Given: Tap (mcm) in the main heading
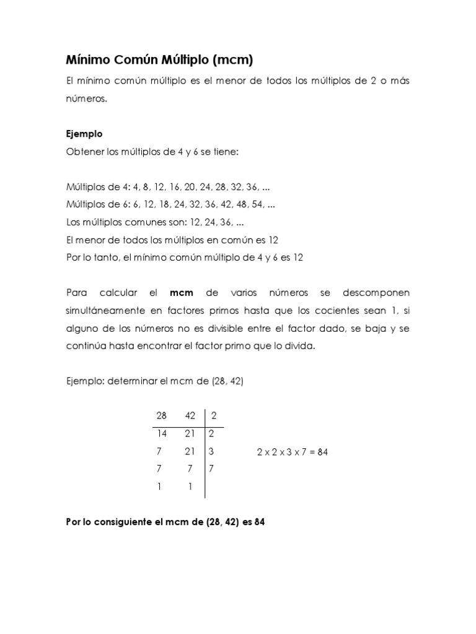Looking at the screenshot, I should point(232,60).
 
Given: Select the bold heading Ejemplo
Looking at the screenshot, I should point(84,134).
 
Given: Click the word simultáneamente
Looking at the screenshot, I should point(106,310).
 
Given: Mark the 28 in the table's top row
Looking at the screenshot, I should point(162,416).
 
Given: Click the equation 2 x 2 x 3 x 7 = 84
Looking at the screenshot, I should point(292,452).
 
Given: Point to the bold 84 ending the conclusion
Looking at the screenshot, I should point(259,522).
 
